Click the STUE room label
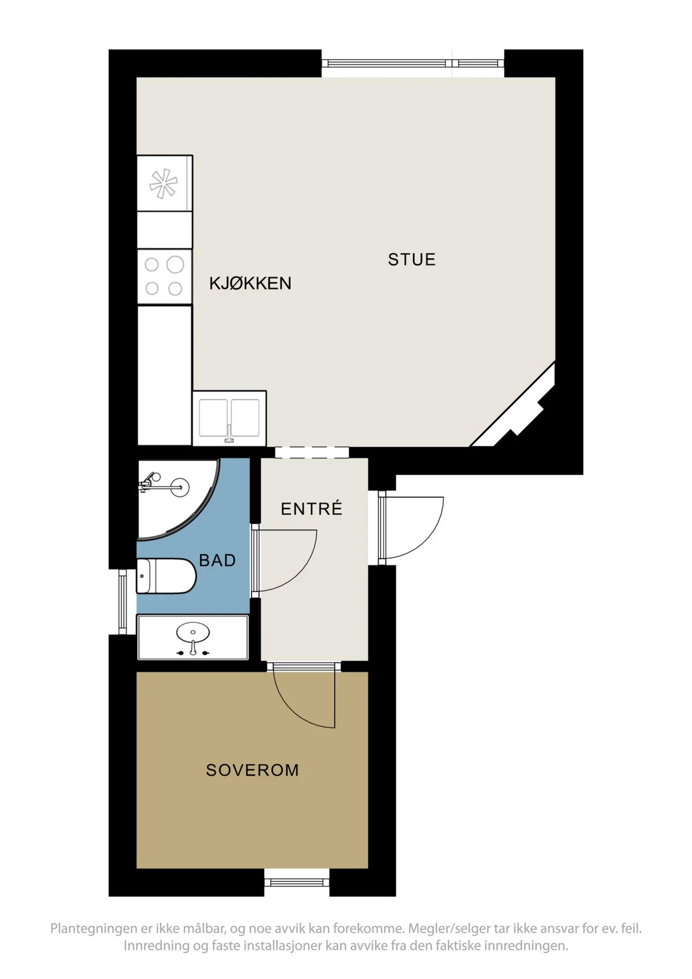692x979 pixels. tap(412, 259)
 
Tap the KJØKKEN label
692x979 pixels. tap(251, 283)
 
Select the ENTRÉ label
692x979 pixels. tap(311, 509)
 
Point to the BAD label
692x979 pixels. tap(217, 560)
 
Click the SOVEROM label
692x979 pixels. tap(253, 770)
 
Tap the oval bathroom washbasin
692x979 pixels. tap(192, 633)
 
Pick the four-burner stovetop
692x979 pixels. tap(164, 277)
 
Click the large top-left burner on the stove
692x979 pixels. tap(175, 265)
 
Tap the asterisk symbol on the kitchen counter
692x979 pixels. tap(164, 184)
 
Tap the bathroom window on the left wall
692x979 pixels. tap(123, 602)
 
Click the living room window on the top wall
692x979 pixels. tap(413, 63)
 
